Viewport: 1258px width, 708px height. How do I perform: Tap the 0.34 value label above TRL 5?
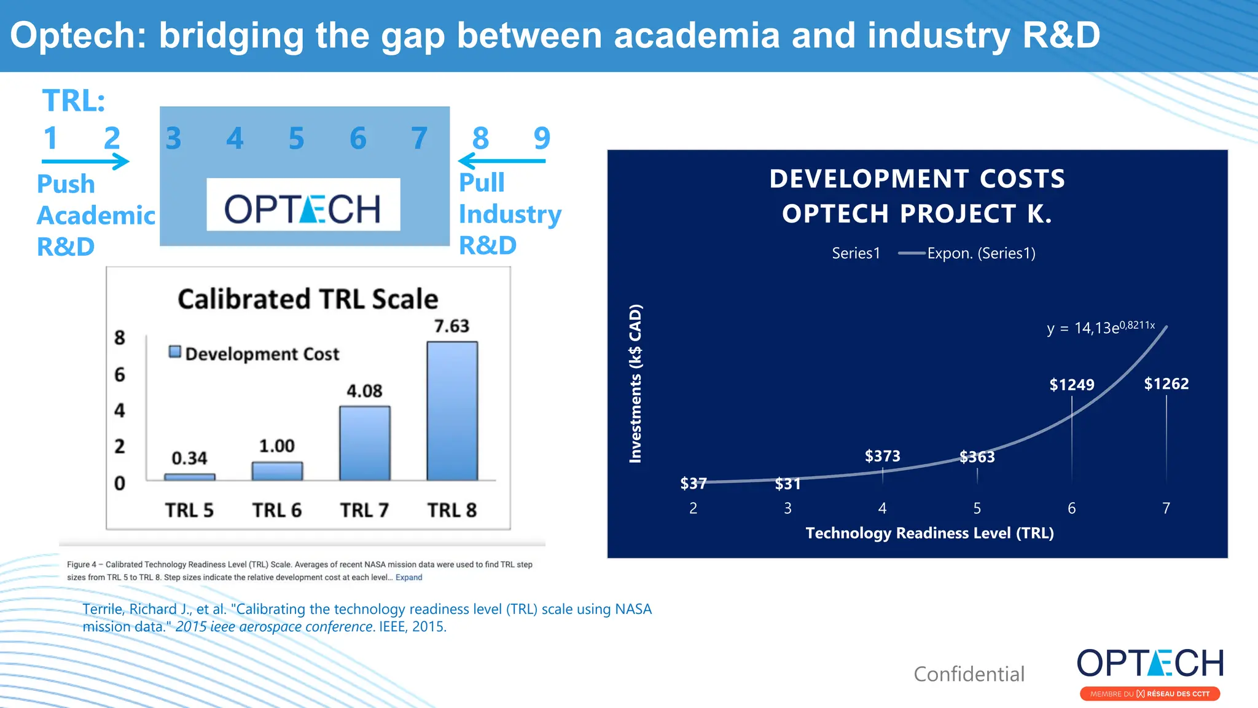189,458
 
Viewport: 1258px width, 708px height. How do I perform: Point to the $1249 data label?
1071,385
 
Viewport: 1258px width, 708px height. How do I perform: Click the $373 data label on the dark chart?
882,456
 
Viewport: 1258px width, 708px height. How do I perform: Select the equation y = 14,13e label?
1100,328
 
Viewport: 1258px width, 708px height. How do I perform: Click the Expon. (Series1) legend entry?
980,253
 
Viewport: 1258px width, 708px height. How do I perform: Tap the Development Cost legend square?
175,352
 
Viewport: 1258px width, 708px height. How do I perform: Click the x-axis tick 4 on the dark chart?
882,508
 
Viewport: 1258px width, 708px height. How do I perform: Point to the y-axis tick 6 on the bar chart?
120,374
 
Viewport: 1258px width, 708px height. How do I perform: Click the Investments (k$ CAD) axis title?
635,383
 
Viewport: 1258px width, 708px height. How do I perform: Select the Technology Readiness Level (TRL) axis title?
929,533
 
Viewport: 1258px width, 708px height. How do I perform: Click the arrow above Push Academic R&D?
85,162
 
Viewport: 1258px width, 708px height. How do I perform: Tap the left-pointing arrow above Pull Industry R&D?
501,161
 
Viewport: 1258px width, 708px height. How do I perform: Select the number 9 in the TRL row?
542,138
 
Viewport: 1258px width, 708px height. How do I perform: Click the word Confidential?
969,674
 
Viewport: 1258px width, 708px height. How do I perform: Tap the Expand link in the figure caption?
408,577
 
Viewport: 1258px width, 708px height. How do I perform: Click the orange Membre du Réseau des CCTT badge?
1149,694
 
